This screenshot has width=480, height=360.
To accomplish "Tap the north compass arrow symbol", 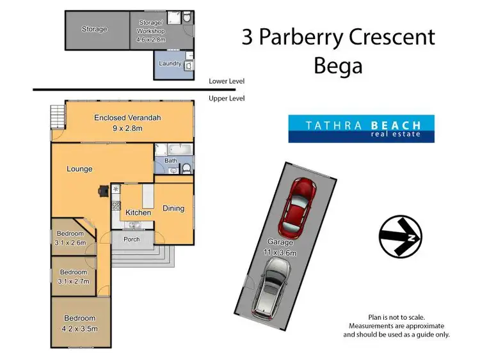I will coord(400,237).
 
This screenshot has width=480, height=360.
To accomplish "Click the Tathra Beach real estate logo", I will coord(361,129).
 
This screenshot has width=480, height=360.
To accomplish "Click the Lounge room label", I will coord(79,169).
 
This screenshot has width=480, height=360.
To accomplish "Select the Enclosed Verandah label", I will coord(127,122).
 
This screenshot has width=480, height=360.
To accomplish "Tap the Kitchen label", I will coord(138,212).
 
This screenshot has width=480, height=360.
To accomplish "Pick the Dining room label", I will coord(173,208).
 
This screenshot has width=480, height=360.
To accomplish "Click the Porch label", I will coord(132,239).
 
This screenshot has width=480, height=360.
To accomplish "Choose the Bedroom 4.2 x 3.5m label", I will coord(79,322).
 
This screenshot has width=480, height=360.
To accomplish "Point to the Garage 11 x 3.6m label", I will coord(280,247).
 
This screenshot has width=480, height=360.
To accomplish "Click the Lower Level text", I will coord(227,82).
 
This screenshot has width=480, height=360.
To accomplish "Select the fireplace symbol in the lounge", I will coord(103,190).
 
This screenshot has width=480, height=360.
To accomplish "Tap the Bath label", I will coord(171,160).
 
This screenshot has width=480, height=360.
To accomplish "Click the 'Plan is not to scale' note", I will coord(396,317).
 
